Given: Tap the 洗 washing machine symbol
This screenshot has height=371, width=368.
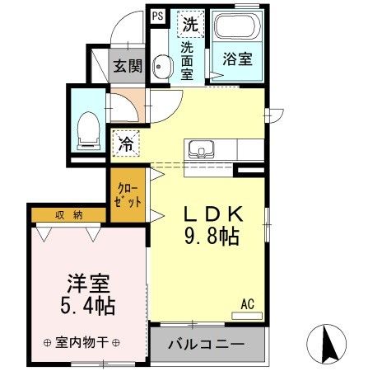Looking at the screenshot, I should click(x=190, y=24).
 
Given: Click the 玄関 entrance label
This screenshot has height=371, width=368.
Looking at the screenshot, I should click(x=128, y=66).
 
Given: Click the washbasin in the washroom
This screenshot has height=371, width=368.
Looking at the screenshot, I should click(x=161, y=68).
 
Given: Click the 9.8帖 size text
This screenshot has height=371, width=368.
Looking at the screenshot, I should click(x=211, y=237).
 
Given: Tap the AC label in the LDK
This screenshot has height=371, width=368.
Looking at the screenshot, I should click(x=247, y=304).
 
